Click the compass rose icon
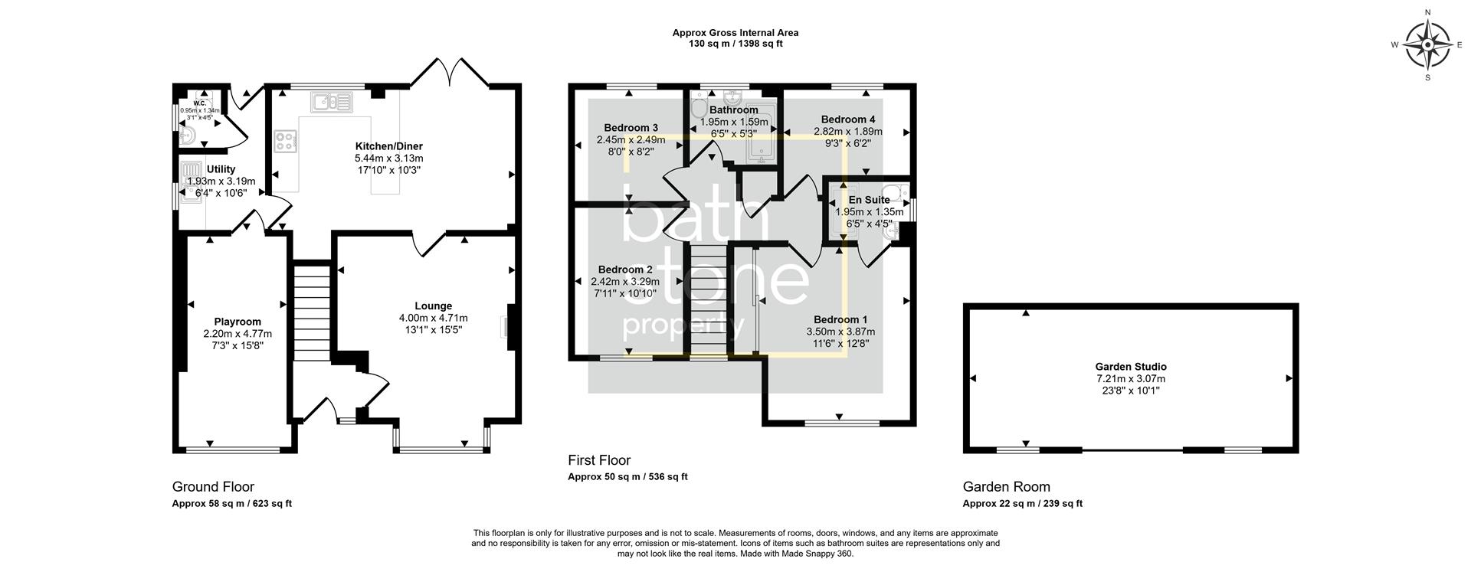pos(1428,44)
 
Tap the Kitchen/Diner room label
pos(388,146)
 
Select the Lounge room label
pos(433,306)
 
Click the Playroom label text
pos(238,322)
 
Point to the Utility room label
pos(221,169)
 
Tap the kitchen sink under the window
pos(330,101)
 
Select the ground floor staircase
pos(312,310)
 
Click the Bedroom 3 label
pos(631,128)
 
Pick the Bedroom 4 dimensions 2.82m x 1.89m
pos(848,131)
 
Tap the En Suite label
pos(869,200)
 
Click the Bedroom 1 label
pos(840,319)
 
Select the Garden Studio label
pos(1131,367)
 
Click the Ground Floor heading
pos(213,487)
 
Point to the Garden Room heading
pos(1006,487)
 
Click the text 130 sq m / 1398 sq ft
pos(735,44)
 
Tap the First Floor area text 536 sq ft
pos(667,477)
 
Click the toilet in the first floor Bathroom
pos(698,109)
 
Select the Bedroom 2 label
pos(625,270)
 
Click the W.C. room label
pos(199,103)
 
